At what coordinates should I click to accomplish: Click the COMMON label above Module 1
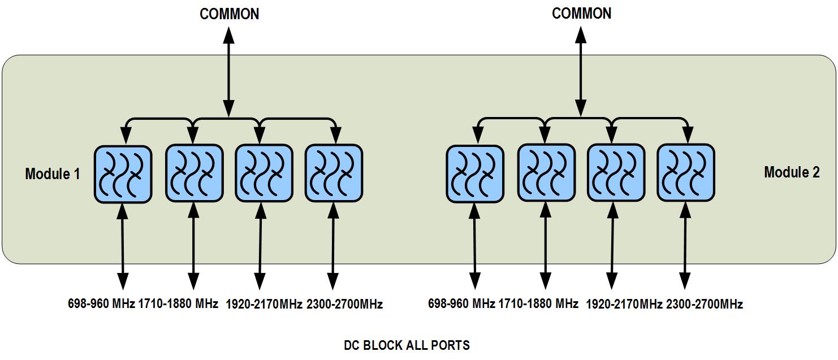click(x=229, y=14)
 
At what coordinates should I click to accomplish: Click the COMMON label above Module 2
click(x=581, y=14)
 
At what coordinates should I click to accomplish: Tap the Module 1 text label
click(x=52, y=174)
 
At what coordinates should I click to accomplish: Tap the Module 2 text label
click(x=792, y=172)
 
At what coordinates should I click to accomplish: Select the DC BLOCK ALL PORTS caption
click(x=407, y=345)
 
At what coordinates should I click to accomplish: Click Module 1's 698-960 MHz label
click(x=101, y=304)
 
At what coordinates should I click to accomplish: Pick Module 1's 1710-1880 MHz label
click(x=178, y=304)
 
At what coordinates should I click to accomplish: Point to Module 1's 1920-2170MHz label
click(x=264, y=305)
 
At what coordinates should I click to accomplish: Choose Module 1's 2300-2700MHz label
click(x=344, y=305)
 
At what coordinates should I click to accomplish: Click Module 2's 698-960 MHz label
click(x=461, y=304)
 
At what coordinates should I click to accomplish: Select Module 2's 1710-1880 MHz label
click(x=538, y=304)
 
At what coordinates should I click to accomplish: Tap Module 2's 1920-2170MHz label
click(x=624, y=305)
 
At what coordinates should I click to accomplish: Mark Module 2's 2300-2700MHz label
click(x=705, y=305)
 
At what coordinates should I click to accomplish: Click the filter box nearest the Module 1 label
click(x=123, y=174)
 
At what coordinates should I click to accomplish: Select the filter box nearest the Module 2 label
click(x=685, y=172)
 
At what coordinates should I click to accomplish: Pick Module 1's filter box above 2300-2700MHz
click(x=334, y=173)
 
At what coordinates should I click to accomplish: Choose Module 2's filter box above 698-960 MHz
click(x=475, y=174)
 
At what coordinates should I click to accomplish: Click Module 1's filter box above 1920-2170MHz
click(x=264, y=173)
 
